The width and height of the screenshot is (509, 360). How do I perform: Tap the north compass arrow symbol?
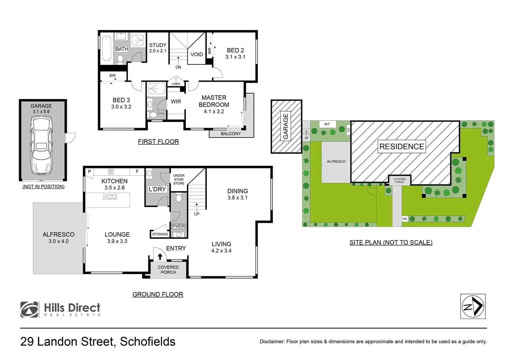[473, 306]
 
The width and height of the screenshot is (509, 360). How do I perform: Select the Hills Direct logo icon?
[29, 310]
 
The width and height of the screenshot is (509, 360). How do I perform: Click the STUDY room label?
[158, 45]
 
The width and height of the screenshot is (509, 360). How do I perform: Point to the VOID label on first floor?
[197, 54]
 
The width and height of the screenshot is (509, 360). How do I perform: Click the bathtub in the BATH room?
[107, 48]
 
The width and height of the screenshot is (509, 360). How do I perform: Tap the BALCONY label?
[231, 134]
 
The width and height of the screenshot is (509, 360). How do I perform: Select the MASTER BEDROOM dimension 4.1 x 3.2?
[214, 112]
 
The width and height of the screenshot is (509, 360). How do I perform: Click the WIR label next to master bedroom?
[176, 101]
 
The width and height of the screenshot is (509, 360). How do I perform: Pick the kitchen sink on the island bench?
[110, 197]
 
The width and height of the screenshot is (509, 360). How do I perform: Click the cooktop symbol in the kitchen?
[111, 172]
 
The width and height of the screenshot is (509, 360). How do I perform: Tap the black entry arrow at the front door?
[160, 256]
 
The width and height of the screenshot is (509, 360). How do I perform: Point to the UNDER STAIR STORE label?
[179, 179]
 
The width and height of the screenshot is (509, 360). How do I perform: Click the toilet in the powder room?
[179, 198]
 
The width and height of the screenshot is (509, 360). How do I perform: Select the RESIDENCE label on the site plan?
[401, 147]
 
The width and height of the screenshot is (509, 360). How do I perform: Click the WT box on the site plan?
[327, 124]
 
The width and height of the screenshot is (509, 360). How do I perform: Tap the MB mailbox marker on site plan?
[405, 219]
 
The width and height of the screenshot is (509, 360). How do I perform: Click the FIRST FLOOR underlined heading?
[158, 142]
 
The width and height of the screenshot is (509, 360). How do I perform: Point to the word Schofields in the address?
[148, 342]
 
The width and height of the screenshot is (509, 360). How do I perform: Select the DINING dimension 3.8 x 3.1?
[237, 198]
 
